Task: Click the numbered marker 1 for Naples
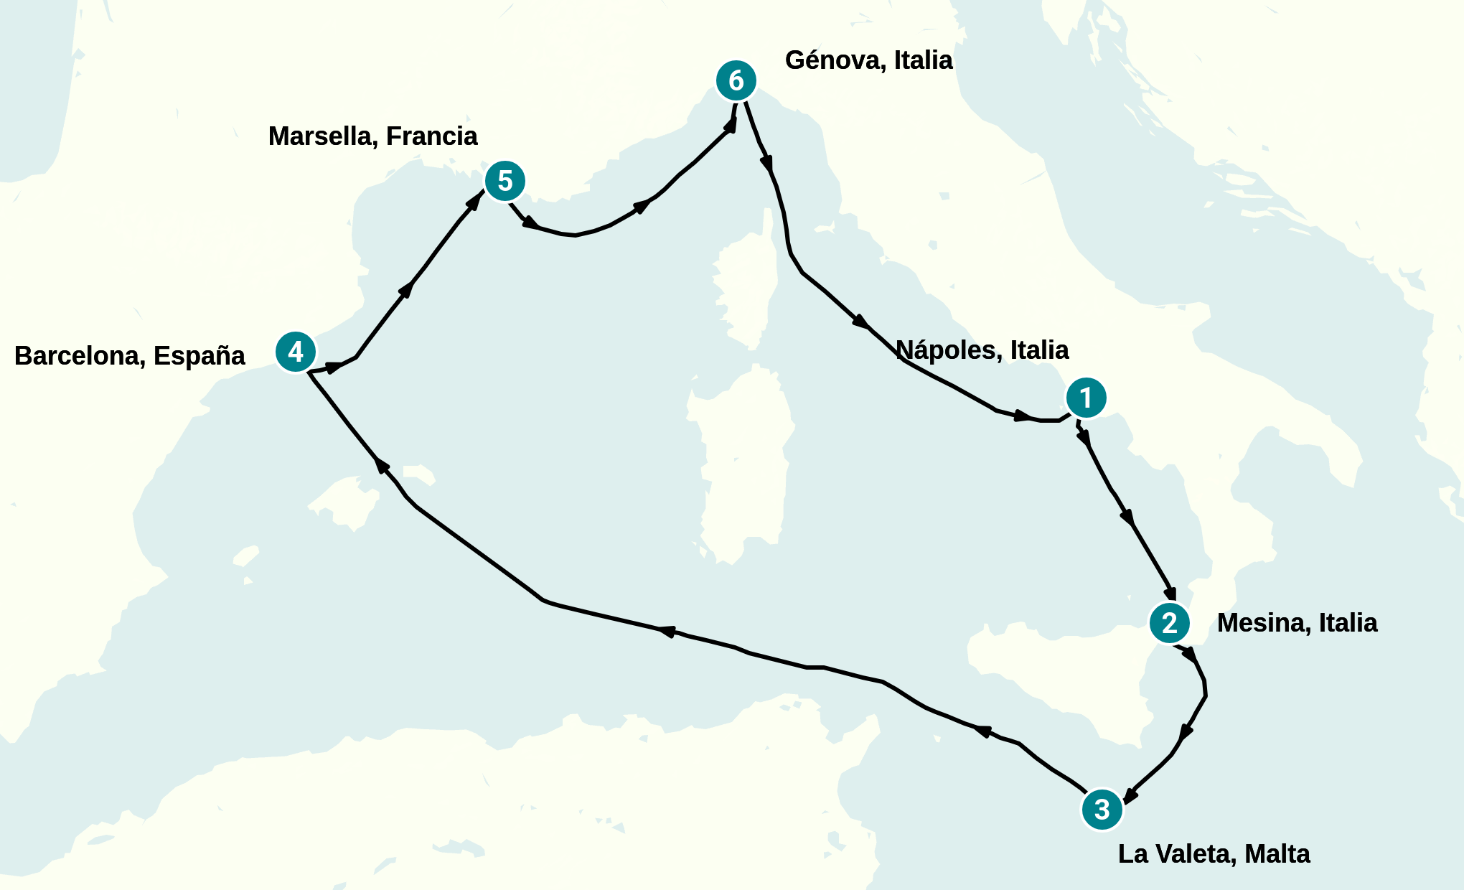[x=1086, y=397]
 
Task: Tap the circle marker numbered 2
[x=1169, y=622]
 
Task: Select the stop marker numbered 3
[x=1102, y=809]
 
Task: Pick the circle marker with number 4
[x=295, y=352]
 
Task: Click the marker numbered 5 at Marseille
[x=505, y=181]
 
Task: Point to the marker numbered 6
[x=736, y=80]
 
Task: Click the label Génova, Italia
[x=868, y=60]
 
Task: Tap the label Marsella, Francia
[x=372, y=136]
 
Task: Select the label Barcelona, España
[x=129, y=356]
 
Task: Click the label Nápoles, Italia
[x=982, y=350]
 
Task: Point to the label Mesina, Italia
[x=1297, y=623]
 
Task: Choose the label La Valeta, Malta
[x=1214, y=854]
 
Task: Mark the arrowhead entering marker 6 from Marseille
[x=731, y=125]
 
